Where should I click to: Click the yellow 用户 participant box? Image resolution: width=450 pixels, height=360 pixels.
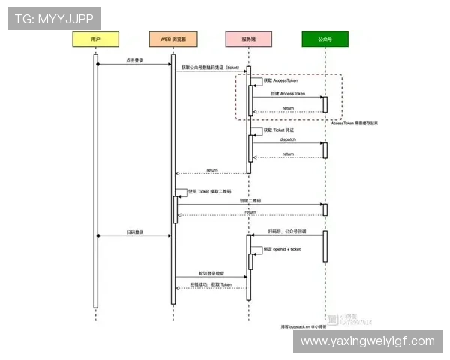click(x=95, y=39)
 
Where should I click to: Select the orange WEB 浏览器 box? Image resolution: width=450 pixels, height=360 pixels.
click(x=172, y=39)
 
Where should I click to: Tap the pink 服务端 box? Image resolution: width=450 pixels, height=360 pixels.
click(x=248, y=39)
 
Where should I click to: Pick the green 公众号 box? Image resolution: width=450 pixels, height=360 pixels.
click(x=325, y=39)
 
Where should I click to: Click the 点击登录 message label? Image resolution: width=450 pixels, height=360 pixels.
click(x=135, y=60)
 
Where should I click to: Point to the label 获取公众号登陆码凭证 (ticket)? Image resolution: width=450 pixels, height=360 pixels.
click(x=211, y=67)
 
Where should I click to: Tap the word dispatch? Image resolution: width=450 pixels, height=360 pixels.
click(x=288, y=139)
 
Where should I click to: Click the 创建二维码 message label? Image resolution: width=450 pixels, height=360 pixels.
click(x=250, y=201)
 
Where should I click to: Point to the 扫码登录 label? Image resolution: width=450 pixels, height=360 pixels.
click(x=135, y=232)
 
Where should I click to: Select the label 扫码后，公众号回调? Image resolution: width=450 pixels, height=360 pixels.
click(x=288, y=232)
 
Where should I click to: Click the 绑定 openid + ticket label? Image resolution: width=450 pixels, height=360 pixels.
click(x=282, y=249)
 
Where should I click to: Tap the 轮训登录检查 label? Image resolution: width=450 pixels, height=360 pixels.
click(x=211, y=274)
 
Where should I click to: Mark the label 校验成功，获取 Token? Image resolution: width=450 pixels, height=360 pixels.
click(x=211, y=285)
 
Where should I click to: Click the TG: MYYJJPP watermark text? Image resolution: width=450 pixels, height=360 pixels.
click(x=54, y=18)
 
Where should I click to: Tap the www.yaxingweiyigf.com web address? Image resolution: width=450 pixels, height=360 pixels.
click(x=367, y=341)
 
